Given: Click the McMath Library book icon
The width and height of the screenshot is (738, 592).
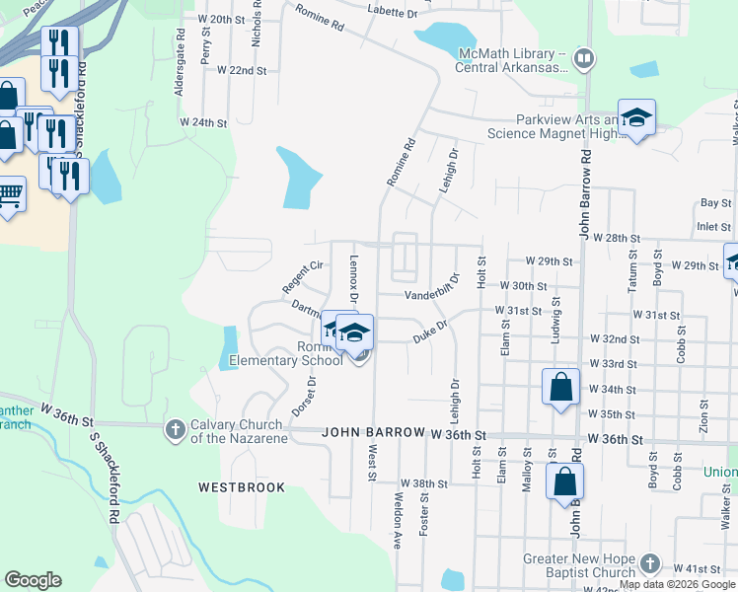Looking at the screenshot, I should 584,60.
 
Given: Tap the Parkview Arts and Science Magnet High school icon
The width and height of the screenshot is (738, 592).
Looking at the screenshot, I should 637,118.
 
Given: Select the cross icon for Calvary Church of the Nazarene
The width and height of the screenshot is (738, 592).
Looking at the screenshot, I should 175,429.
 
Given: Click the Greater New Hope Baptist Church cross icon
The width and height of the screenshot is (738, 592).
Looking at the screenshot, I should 648,562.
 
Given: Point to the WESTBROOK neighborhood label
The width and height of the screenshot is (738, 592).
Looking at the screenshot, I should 241,487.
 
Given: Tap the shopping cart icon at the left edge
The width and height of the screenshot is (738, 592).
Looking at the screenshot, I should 9,195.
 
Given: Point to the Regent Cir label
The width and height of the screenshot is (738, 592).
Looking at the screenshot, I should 303,276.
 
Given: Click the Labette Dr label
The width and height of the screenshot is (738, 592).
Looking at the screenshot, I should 392,12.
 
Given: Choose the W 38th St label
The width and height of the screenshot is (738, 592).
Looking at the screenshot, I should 423,484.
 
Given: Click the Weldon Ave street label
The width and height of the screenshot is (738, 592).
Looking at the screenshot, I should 399,520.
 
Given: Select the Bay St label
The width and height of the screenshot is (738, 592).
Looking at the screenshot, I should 708,202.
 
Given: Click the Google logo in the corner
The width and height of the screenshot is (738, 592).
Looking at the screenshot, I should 33,579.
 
